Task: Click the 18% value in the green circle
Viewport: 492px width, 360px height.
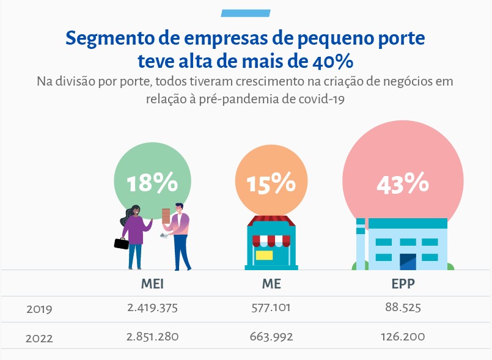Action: [x=152, y=184]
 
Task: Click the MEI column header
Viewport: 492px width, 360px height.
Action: [x=152, y=284]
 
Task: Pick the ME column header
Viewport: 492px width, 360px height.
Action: [x=271, y=284]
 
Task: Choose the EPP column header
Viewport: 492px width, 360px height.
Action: [x=402, y=284]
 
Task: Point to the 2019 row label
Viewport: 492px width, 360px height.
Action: [x=39, y=309]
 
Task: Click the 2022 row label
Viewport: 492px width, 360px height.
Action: [x=39, y=337]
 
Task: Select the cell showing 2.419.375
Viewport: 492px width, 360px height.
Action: [x=152, y=308]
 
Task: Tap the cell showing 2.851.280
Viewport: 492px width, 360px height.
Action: [x=152, y=336]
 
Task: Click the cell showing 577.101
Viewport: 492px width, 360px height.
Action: [x=271, y=308]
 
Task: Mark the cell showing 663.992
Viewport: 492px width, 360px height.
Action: [x=271, y=336]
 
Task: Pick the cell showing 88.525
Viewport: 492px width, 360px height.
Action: [x=402, y=308]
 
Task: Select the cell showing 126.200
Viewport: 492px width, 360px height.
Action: [x=402, y=336]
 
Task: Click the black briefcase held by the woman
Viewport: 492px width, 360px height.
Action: [x=121, y=243]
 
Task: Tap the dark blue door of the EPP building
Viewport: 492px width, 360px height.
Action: [x=408, y=262]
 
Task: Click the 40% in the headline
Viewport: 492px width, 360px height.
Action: [x=331, y=62]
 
